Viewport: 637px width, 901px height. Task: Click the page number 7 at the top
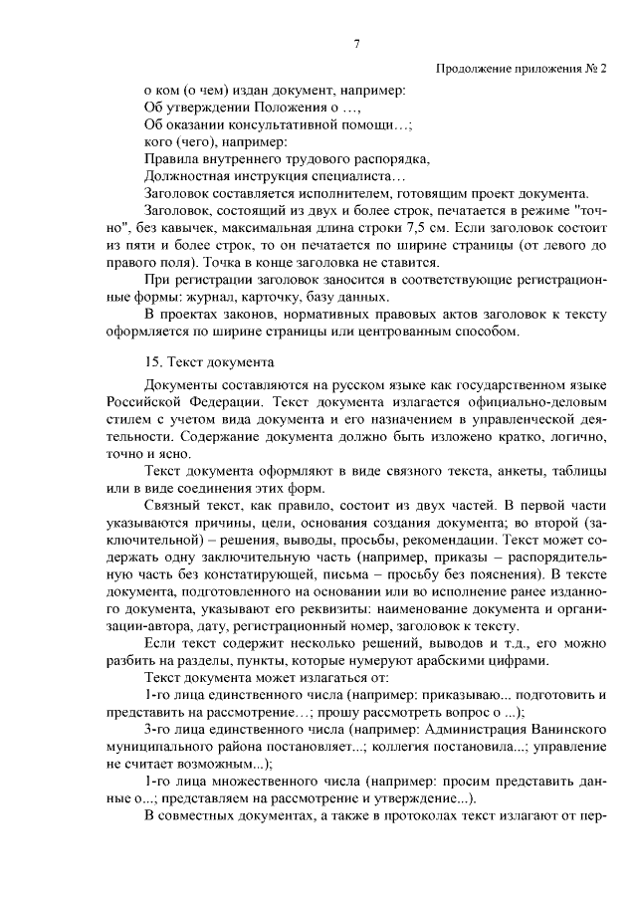point(356,43)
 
